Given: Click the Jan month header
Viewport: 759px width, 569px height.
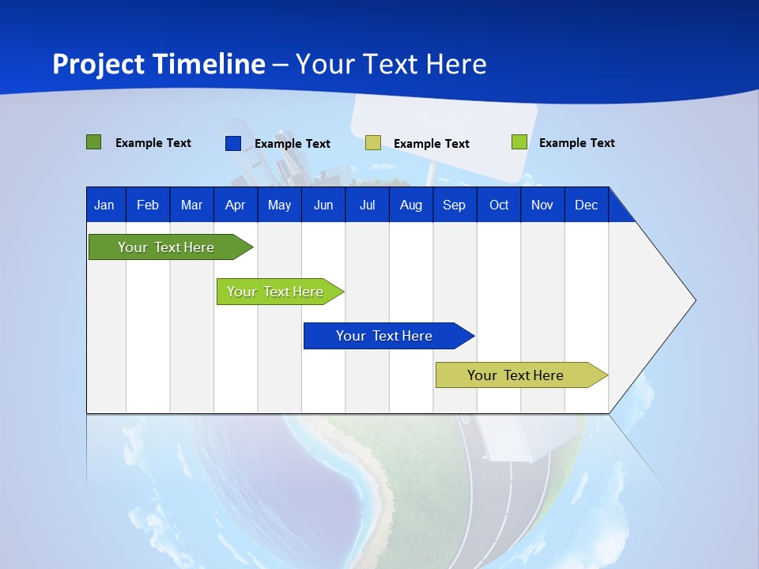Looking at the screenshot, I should (x=105, y=205).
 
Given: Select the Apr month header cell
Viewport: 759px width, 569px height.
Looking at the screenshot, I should (x=235, y=205).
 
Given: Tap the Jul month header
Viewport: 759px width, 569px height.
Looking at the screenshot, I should (x=367, y=205).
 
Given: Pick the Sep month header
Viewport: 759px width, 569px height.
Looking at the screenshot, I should (x=454, y=205).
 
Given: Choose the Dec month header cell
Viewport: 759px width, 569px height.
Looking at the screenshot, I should (x=586, y=205).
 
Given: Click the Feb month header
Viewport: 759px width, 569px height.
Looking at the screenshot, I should (x=148, y=205).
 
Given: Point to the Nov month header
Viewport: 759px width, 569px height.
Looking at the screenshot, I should (x=542, y=205).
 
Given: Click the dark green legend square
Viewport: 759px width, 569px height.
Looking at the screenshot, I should (x=94, y=142).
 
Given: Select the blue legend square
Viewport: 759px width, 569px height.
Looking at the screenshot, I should (x=233, y=143).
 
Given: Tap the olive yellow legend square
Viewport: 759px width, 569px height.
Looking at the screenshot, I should (x=373, y=143).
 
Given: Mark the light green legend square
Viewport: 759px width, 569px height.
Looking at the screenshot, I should (x=519, y=142).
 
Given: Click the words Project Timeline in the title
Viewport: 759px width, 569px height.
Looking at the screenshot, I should (x=159, y=64).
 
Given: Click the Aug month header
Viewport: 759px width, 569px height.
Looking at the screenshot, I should (x=410, y=205).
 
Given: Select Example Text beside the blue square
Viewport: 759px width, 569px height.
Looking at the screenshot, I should (x=292, y=144).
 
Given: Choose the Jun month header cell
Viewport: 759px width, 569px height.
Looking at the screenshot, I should (x=323, y=205).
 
